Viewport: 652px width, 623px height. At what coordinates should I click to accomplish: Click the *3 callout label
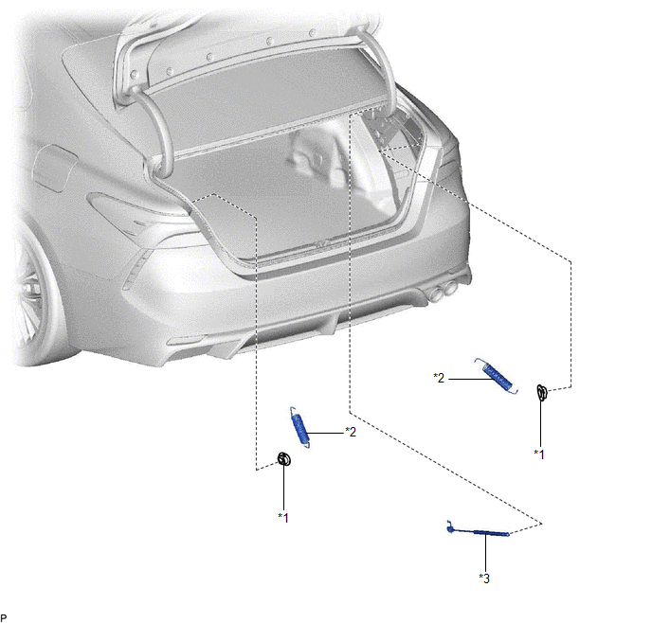(x=484, y=578)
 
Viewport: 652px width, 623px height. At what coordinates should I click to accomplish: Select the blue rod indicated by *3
(x=478, y=530)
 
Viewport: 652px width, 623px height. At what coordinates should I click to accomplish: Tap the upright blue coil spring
(x=300, y=427)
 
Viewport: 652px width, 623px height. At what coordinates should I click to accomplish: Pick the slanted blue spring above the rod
(x=497, y=376)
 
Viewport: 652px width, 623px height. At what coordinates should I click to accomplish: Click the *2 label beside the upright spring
(x=351, y=432)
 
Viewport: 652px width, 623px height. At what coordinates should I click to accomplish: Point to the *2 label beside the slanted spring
(x=439, y=378)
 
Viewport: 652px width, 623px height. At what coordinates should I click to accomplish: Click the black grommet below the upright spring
(x=284, y=458)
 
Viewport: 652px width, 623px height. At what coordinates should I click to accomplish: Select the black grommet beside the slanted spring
(x=541, y=393)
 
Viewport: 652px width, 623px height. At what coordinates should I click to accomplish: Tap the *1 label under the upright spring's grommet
(x=283, y=518)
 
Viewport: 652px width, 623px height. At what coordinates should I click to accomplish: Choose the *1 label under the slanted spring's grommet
(x=539, y=454)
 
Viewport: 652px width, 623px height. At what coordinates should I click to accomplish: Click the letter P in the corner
(x=4, y=617)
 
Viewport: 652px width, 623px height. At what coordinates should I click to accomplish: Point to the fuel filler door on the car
(x=55, y=168)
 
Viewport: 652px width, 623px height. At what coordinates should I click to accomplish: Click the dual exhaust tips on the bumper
(x=444, y=291)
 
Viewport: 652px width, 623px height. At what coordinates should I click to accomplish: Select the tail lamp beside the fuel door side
(x=137, y=216)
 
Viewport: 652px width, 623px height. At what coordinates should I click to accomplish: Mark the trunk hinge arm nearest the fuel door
(x=154, y=125)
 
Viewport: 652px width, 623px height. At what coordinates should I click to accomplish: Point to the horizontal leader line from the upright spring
(x=326, y=434)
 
